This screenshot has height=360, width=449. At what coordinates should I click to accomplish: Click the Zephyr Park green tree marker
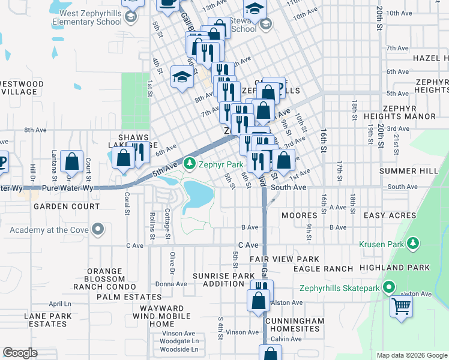point(190,163)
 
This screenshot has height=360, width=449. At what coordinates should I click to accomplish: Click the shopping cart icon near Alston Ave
point(402,306)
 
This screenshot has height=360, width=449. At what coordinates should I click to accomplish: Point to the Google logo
point(20,353)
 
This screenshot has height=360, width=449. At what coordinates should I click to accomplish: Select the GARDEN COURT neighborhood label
point(67,206)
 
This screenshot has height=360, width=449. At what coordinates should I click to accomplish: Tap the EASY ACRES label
point(390,215)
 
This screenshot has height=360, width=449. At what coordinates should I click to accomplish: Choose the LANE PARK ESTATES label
point(46,320)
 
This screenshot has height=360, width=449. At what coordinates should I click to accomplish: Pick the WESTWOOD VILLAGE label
point(22,88)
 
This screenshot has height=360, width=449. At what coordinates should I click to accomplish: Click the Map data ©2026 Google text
point(411,355)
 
